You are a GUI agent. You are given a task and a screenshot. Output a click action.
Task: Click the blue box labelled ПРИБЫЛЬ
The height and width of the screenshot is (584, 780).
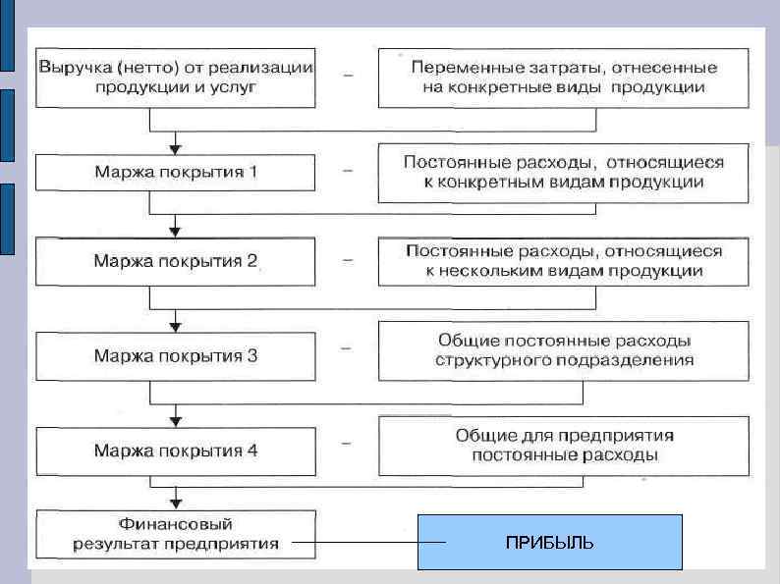point(549,542)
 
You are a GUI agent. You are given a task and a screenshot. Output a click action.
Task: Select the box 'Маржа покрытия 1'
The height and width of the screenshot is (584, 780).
point(176,172)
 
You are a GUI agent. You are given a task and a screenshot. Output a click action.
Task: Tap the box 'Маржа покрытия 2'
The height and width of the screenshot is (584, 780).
point(176,262)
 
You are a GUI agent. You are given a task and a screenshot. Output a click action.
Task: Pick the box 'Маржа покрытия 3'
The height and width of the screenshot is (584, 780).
point(176,355)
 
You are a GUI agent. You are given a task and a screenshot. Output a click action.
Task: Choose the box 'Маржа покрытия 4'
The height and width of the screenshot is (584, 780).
point(176,451)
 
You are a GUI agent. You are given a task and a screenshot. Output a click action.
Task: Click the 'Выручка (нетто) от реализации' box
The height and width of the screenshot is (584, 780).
point(176,78)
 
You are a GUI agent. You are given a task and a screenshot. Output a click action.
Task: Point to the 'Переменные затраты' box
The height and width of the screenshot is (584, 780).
point(564,78)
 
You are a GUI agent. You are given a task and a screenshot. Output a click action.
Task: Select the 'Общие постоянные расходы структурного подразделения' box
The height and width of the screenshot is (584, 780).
point(564,350)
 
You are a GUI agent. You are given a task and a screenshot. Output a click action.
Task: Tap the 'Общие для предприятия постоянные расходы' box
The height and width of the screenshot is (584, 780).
point(564,445)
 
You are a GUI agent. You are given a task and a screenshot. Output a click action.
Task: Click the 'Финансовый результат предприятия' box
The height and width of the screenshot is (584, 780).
point(176,533)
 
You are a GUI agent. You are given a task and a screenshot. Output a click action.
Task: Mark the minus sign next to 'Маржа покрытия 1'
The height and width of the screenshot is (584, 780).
point(348,170)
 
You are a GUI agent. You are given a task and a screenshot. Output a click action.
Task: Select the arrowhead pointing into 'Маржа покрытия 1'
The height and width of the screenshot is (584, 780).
point(176,148)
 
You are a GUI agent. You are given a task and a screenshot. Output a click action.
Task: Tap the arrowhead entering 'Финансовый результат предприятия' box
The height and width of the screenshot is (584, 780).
point(176,502)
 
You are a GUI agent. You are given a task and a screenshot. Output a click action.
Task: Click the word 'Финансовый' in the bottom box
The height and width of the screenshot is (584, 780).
point(176,524)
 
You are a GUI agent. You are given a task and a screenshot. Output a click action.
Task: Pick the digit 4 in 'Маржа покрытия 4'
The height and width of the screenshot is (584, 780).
point(253,451)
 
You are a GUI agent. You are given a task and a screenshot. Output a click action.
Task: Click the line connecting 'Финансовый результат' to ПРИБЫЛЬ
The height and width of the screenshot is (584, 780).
point(354,542)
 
